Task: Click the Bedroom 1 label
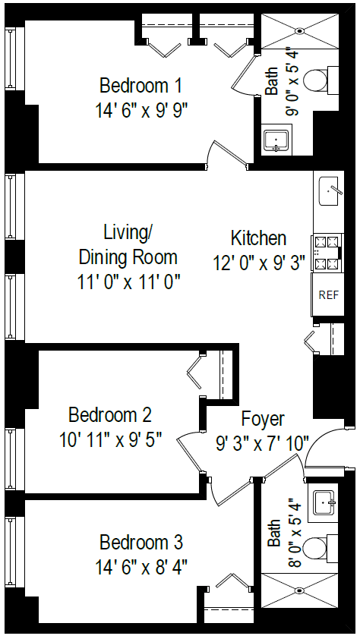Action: click(x=141, y=83)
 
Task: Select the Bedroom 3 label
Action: click(x=141, y=543)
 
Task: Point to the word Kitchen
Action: click(x=258, y=238)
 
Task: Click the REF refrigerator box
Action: click(x=328, y=294)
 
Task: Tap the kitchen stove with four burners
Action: click(x=327, y=253)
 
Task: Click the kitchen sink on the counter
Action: click(x=329, y=191)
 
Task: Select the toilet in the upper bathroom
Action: click(x=333, y=79)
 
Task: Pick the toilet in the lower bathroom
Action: click(x=333, y=547)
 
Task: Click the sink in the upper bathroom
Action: click(x=274, y=140)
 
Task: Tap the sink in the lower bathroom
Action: click(x=328, y=502)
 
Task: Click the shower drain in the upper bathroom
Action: click(x=299, y=31)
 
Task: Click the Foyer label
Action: click(x=263, y=418)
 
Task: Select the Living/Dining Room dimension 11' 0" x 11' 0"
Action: click(x=128, y=282)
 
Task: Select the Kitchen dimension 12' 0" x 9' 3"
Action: click(x=259, y=263)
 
